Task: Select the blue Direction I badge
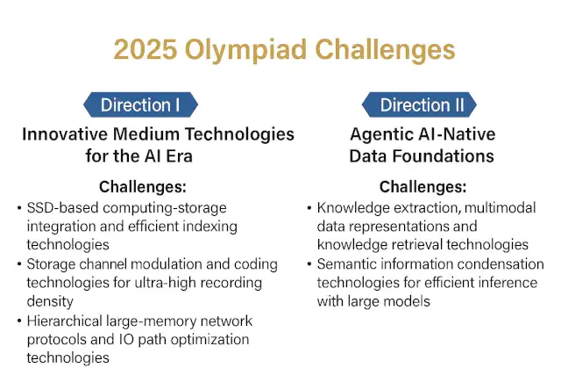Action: pos(140,105)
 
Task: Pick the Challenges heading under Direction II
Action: pos(422,187)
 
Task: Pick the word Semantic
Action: pos(347,264)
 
